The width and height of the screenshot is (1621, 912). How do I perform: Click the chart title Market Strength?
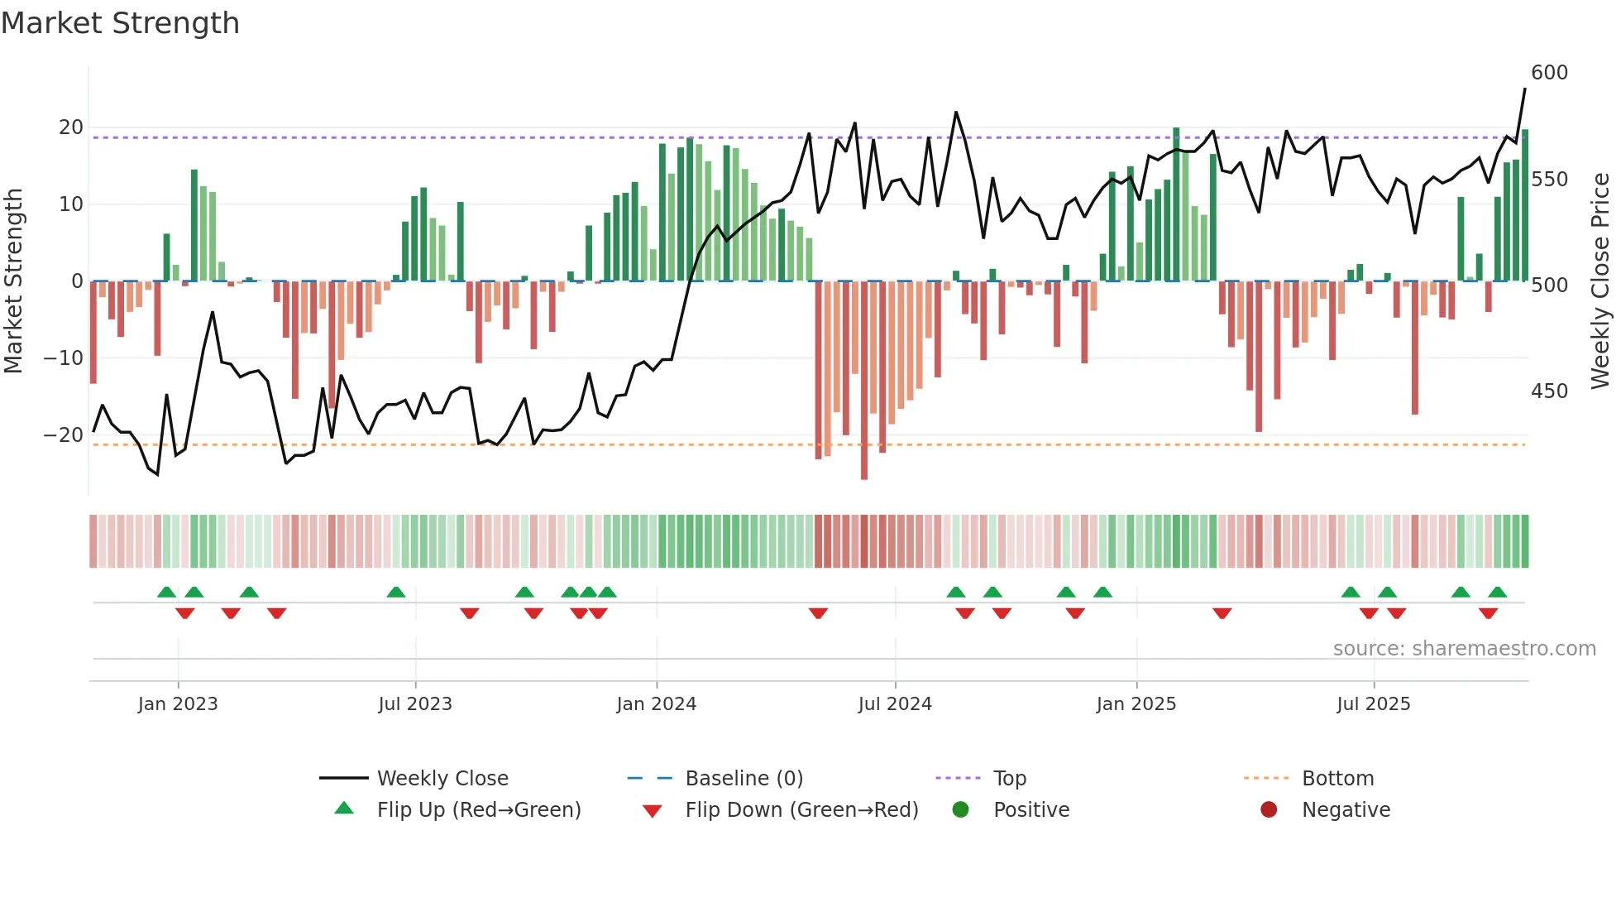coord(120,23)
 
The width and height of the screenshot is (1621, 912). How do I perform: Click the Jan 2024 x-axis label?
coord(656,704)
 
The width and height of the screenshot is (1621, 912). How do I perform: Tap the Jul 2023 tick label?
coord(414,704)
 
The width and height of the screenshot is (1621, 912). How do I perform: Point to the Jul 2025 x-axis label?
coord(1373,704)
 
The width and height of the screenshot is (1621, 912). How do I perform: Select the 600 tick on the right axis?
coord(1549,73)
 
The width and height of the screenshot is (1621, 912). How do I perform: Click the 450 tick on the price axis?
coord(1549,391)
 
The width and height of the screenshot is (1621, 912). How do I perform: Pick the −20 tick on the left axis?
coord(64,435)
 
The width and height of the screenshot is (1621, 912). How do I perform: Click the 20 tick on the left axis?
coord(71,127)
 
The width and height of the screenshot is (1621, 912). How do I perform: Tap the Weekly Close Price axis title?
coord(1600,281)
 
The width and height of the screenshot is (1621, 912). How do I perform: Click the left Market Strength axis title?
coord(14,281)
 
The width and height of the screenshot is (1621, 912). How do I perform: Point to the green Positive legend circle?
coord(960,810)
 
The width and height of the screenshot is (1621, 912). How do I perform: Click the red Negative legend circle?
coord(1269,810)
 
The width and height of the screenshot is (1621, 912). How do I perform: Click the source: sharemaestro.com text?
coord(1464,649)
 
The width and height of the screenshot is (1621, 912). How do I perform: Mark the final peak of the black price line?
coord(1525,89)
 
